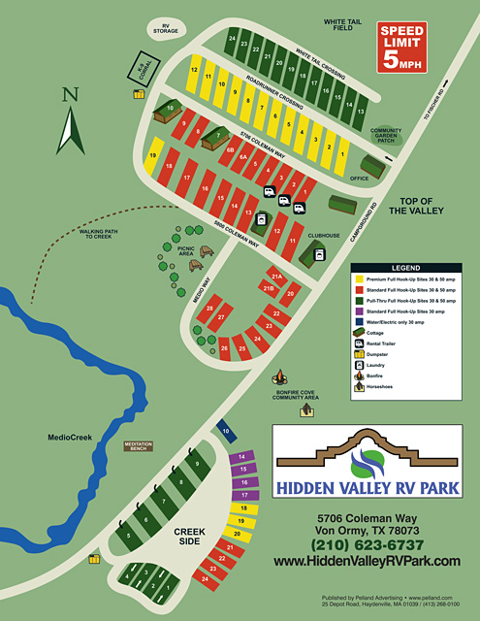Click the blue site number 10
pyautogui.click(x=225, y=429)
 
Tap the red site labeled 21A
pyautogui.click(x=276, y=277)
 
